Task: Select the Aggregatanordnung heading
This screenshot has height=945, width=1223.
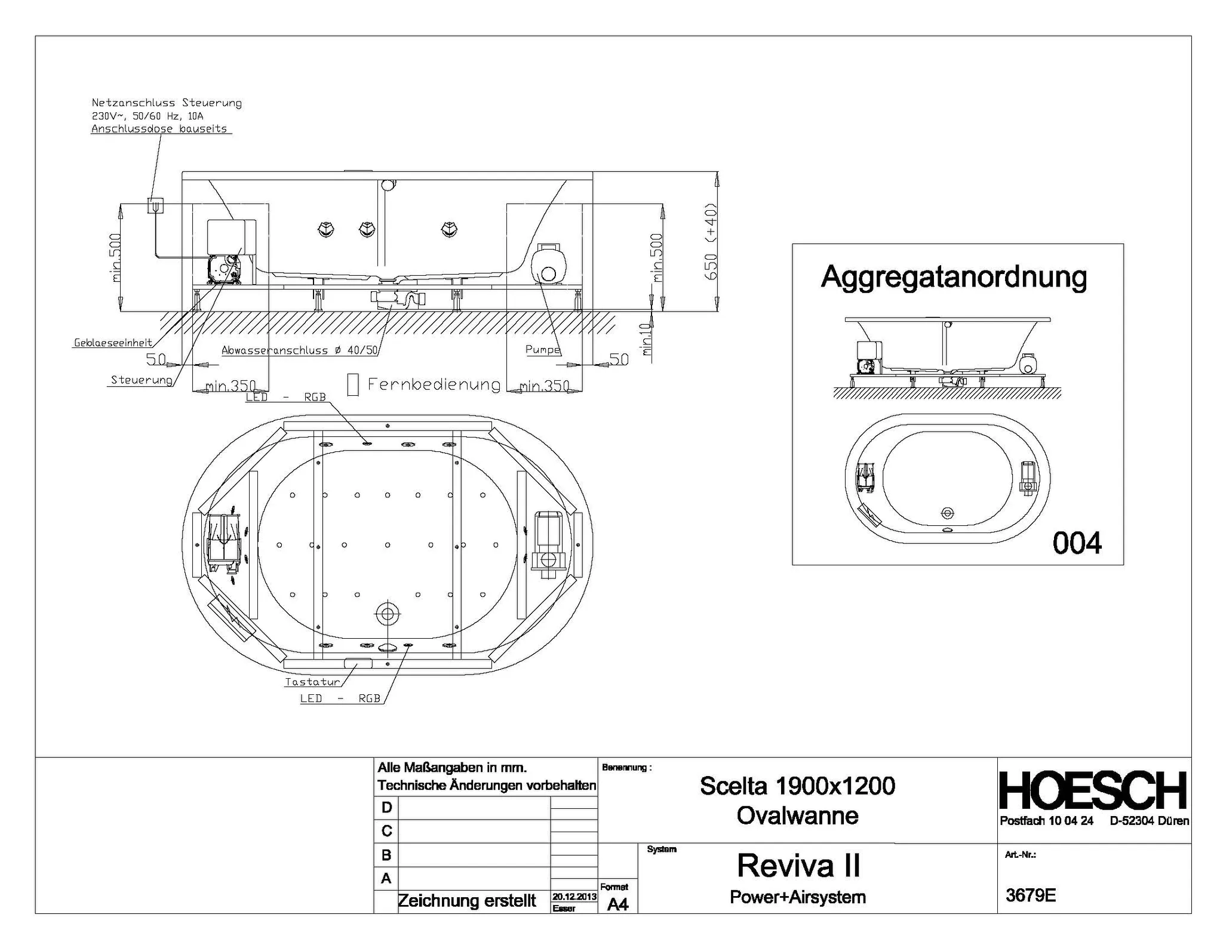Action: click(x=954, y=277)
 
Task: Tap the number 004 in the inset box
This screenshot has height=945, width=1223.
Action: click(x=1077, y=543)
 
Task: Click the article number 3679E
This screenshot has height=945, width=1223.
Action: click(x=1031, y=895)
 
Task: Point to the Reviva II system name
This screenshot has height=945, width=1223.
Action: click(x=798, y=865)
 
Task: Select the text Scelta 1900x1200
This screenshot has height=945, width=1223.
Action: click(x=797, y=786)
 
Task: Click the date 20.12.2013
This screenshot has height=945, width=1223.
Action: click(x=574, y=897)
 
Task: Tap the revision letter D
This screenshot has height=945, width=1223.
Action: click(x=386, y=808)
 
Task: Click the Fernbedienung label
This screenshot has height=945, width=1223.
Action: click(x=434, y=384)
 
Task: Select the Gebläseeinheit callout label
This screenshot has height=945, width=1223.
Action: click(x=113, y=343)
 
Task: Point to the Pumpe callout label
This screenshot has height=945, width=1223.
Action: click(x=543, y=350)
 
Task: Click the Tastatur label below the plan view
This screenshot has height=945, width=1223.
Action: click(x=312, y=682)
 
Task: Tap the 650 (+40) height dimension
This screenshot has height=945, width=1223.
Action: click(x=711, y=241)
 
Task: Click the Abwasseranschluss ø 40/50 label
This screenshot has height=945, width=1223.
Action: click(x=300, y=350)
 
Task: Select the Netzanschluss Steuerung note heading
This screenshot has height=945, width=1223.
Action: click(x=167, y=103)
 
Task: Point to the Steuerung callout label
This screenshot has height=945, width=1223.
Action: click(x=142, y=380)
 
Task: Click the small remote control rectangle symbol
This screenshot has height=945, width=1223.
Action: click(x=353, y=384)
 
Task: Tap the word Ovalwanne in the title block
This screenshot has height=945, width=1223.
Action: click(x=797, y=815)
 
